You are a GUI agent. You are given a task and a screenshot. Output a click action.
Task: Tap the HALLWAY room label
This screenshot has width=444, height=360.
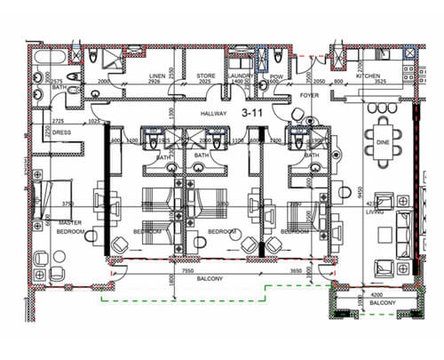coord(215,114)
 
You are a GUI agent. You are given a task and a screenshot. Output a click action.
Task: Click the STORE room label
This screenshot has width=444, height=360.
coord(206,76)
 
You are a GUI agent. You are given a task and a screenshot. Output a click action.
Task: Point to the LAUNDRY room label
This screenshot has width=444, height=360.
coord(240,76)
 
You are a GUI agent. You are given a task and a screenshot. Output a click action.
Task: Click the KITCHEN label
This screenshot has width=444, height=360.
coord(368,76)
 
